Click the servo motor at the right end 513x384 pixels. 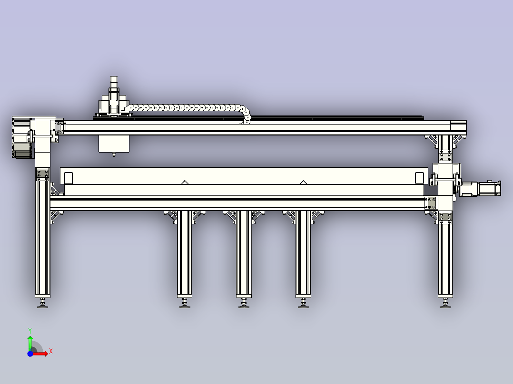click(488, 188)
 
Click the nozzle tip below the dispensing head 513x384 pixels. click(113, 154)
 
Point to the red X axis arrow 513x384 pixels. click(41, 354)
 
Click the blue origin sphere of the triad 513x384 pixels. click(30, 354)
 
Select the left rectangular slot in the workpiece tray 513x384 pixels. click(69, 178)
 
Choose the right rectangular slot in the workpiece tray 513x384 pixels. click(419, 178)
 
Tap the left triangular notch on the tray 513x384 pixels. click(184, 182)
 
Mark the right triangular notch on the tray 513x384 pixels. click(303, 182)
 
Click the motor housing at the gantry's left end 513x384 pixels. click(21, 138)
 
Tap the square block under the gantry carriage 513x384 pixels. click(114, 144)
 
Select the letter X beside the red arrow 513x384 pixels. click(51, 351)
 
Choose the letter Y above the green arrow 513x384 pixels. click(30, 330)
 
